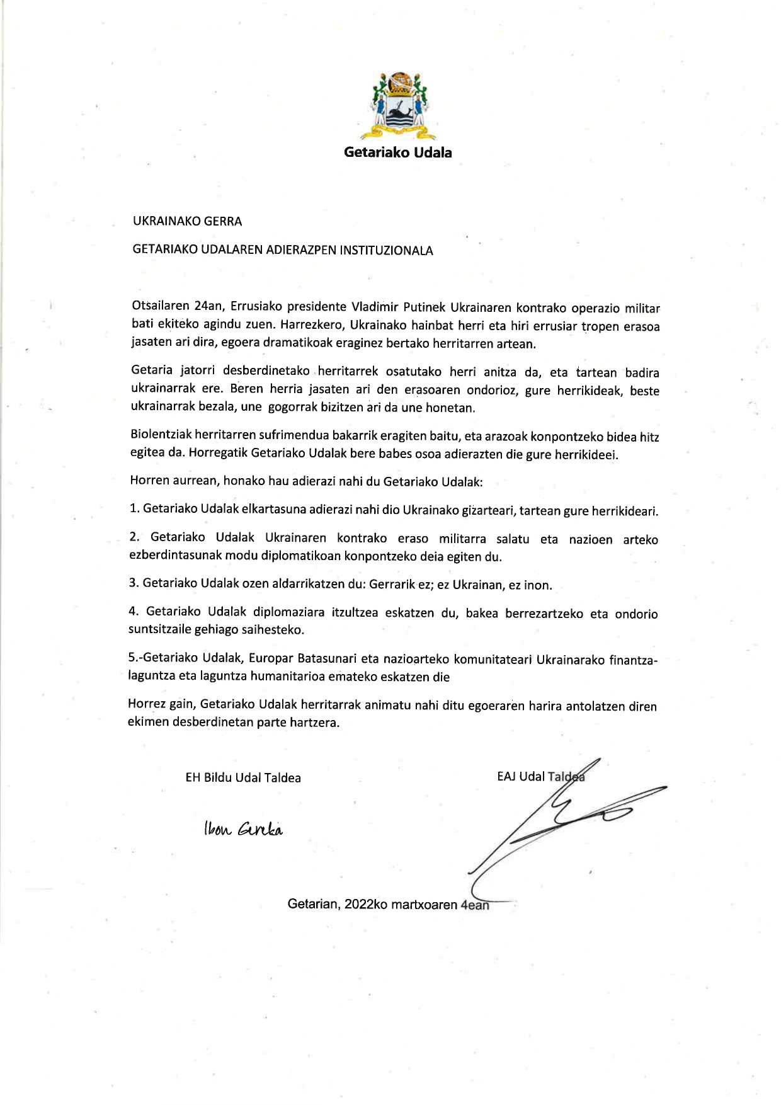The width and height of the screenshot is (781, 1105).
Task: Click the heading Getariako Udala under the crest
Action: [x=397, y=152]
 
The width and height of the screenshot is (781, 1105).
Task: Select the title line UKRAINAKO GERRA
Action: [x=187, y=221]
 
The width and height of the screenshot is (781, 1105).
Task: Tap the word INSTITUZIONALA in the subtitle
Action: [x=386, y=251]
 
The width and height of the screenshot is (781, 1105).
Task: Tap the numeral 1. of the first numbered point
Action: [x=134, y=508]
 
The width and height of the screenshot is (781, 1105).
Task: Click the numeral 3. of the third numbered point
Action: [x=134, y=583]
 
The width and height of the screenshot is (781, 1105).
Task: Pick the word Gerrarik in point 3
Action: [x=392, y=584]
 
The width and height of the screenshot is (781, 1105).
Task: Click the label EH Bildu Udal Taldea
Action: [x=243, y=778]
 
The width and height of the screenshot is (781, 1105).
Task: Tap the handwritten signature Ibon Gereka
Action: [x=243, y=830]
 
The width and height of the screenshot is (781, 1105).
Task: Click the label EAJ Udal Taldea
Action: [x=540, y=777]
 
